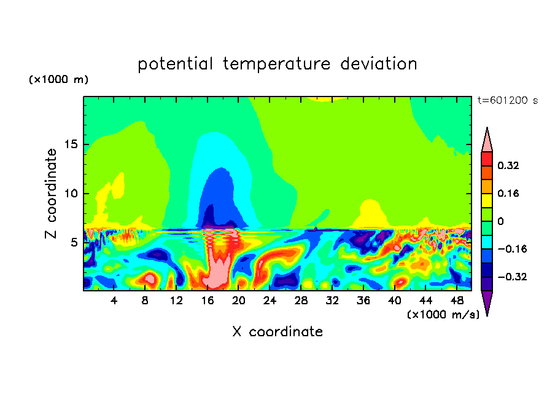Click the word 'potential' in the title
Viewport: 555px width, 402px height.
tap(175, 64)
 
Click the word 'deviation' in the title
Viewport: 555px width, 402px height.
tap(379, 63)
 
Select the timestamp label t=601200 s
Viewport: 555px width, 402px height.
tap(508, 100)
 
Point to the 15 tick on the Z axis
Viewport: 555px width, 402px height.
tap(71, 144)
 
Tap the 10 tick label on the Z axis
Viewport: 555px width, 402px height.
tap(71, 193)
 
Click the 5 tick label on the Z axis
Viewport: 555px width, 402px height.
tap(74, 242)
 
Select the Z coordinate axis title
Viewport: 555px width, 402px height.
tap(51, 193)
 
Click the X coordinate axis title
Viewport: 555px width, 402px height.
tap(277, 331)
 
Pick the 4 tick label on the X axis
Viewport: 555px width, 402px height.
tap(114, 301)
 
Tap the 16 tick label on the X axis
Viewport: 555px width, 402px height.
tap(208, 301)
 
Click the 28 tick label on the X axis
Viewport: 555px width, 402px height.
tap(301, 301)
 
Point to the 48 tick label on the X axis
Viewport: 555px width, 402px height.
tap(457, 301)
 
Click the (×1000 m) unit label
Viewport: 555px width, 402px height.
tap(58, 79)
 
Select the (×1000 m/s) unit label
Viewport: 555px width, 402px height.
tap(443, 314)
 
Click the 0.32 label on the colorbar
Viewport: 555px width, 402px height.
tap(508, 165)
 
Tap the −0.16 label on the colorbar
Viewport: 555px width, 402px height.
tap(512, 249)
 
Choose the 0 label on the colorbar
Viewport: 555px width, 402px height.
tap(500, 221)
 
